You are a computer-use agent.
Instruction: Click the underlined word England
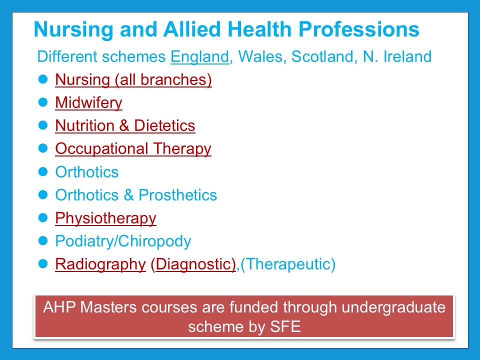tap(199, 57)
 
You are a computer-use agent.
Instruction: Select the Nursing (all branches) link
tap(133, 80)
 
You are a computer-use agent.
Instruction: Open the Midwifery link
tap(89, 103)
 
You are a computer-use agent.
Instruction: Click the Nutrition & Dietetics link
tap(125, 125)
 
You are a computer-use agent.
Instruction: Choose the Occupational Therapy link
tap(133, 149)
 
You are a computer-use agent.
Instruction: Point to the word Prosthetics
tap(178, 195)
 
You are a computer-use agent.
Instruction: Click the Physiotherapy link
tap(105, 218)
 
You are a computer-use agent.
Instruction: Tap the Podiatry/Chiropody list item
tap(123, 241)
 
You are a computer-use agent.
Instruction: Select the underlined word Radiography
tap(100, 264)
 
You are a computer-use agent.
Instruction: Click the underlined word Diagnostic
tap(195, 264)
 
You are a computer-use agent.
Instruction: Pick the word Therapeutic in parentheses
tap(288, 264)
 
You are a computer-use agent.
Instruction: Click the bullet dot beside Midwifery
tap(43, 102)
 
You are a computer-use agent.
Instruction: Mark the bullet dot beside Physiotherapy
tap(43, 217)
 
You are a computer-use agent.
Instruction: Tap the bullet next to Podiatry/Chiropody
tap(43, 240)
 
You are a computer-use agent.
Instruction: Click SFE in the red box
tap(285, 326)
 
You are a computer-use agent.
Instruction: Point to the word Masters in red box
tap(108, 307)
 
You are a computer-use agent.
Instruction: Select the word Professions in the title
tap(359, 29)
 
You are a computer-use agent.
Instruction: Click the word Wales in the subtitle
tap(260, 56)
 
